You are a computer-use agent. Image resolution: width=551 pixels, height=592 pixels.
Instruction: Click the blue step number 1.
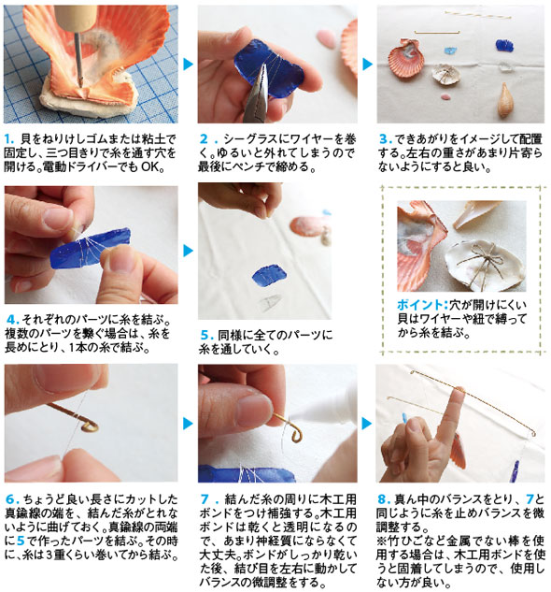[9, 139]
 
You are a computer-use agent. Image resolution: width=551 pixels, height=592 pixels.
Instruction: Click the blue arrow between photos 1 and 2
[189, 65]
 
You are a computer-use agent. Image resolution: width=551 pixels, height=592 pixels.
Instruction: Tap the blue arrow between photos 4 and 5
[189, 251]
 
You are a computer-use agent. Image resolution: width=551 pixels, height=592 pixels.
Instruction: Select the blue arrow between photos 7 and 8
[367, 424]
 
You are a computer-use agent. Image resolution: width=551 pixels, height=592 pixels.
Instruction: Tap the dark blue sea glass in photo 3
[504, 46]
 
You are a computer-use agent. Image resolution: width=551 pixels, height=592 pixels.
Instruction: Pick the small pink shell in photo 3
[445, 97]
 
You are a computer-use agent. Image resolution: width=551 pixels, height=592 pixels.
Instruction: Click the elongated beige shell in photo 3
[504, 101]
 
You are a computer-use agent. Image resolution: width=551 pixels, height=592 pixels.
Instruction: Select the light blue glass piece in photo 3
[450, 51]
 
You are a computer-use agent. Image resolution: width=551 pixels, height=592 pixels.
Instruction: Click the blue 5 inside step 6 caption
[21, 541]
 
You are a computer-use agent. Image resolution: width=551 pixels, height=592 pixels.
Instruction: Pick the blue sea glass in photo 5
[269, 275]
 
